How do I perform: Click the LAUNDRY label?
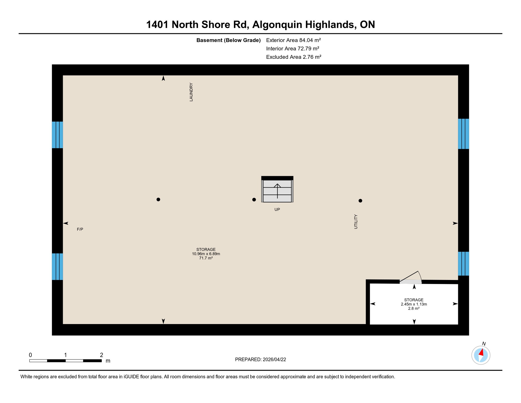click(191, 92)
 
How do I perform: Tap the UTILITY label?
click(356, 222)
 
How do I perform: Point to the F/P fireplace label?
click(80, 229)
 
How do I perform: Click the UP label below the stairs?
click(277, 209)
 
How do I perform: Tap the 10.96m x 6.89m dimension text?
click(206, 254)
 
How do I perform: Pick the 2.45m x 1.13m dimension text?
click(414, 304)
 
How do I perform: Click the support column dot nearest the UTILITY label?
click(360, 201)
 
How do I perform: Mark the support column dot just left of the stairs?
click(254, 200)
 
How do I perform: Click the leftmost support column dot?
click(158, 199)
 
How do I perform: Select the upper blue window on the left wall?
click(57, 135)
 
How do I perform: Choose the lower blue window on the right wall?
click(463, 263)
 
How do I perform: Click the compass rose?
click(481, 355)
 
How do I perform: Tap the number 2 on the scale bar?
click(101, 355)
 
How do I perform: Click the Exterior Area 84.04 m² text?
click(293, 40)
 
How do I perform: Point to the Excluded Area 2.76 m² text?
click(294, 57)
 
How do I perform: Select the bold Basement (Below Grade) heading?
click(228, 40)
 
